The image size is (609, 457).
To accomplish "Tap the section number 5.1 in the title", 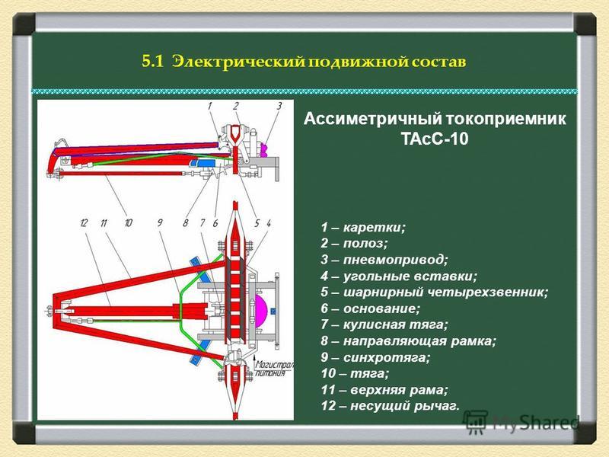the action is pos(154,62).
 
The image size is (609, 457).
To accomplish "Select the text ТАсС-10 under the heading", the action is pos(435,139).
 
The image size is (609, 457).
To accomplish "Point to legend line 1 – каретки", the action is pos(363,227).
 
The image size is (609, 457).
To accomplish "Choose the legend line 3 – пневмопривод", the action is pos(384,260).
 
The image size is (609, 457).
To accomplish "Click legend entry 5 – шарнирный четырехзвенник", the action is pos(434,292).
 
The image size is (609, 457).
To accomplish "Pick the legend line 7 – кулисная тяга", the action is pos(384,324).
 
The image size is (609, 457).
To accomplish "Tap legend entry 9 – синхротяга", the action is pos(375,357).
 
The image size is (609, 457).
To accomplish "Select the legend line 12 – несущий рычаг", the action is pos(390,406).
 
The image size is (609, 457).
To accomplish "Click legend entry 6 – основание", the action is pos(370,308).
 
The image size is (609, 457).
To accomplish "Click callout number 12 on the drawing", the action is pos(84,223).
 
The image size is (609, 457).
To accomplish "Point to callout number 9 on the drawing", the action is pos(160,223).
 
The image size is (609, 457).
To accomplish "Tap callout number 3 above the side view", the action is pos(279,106).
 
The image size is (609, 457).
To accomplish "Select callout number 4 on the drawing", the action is pos(269,223).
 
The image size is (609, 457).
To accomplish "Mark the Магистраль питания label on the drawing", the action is pos(274,369).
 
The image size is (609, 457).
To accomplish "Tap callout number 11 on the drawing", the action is pos(104,223).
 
